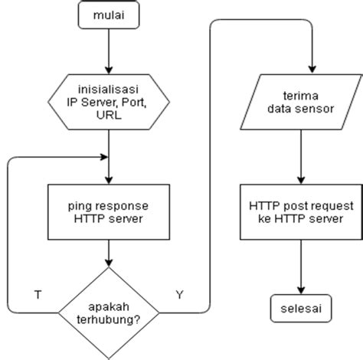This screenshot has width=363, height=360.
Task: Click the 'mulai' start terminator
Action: (110, 15)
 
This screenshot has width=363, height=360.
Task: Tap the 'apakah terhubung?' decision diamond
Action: (110, 313)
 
